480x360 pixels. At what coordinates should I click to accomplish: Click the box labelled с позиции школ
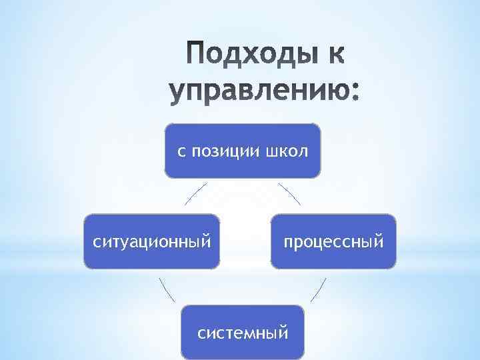point(243,151)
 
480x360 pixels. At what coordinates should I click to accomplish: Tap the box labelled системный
point(243,331)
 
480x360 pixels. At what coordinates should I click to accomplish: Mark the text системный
point(243,331)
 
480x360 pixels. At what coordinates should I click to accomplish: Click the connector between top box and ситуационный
point(196,193)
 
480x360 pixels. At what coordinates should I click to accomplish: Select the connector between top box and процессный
point(289,193)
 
